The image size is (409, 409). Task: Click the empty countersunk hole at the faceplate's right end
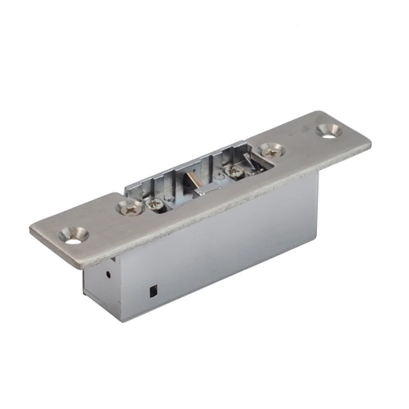[328, 130]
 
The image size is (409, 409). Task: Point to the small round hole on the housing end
[108, 274]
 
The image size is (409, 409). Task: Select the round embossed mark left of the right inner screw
[221, 177]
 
